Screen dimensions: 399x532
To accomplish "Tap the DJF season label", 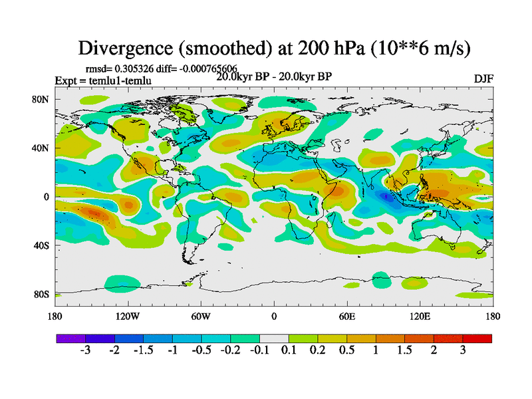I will pos(482,78).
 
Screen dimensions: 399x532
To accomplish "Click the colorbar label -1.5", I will pos(143,350).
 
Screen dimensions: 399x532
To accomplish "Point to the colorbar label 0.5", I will pos(347,350).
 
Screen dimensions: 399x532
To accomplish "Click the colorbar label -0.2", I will pos(230,350).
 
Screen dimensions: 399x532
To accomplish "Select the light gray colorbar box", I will pos(274,338).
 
